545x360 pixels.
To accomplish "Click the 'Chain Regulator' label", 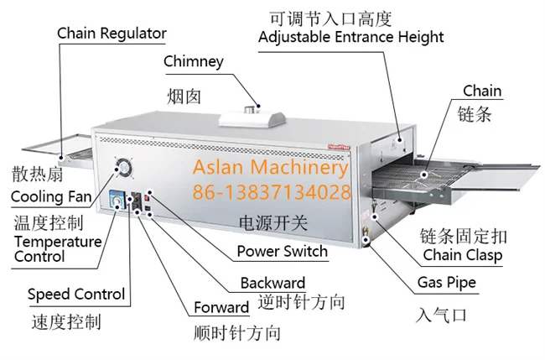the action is [x=112, y=34].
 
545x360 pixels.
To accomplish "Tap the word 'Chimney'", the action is [x=194, y=62].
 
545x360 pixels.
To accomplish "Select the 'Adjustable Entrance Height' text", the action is [x=351, y=37].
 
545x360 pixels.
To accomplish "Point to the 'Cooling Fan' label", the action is [x=51, y=196].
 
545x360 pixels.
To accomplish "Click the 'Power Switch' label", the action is [x=283, y=251].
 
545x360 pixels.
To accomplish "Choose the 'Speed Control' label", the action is [x=76, y=295].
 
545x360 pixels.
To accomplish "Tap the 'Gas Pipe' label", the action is [x=447, y=283].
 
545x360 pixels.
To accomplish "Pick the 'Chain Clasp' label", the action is [x=463, y=255].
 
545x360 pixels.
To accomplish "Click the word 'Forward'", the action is [x=221, y=307].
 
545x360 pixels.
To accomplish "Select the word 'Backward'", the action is [x=272, y=283].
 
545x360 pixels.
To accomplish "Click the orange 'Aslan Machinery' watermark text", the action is [x=271, y=167].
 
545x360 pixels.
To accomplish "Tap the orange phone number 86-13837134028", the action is [x=272, y=192].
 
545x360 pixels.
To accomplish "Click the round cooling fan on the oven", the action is [x=123, y=168].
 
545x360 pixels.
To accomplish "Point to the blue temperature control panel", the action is [x=118, y=200].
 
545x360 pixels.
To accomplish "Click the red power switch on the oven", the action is [x=147, y=198].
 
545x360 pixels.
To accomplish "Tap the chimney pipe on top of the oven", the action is [x=250, y=110].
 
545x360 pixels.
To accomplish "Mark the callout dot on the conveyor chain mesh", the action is [x=424, y=175].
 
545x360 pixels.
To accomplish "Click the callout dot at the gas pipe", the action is [x=366, y=240].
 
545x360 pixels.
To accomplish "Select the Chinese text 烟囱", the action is [x=184, y=97].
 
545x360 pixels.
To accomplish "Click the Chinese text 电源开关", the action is [x=273, y=222].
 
